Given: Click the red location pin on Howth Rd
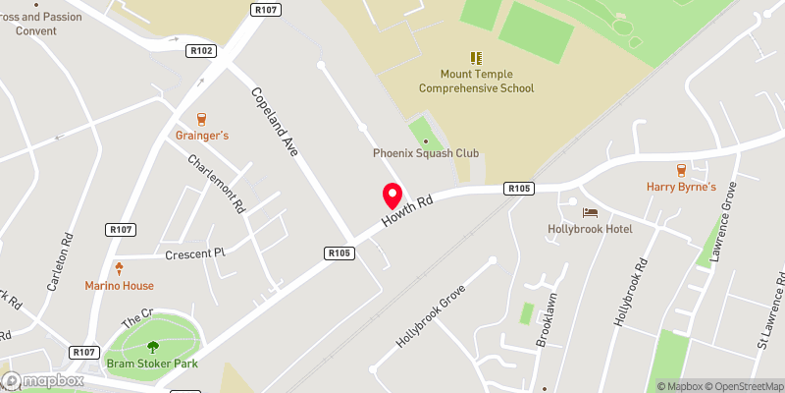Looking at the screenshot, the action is tap(392, 194).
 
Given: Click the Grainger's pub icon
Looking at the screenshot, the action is tap(202, 118).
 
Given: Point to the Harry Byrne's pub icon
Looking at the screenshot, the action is tap(681, 168).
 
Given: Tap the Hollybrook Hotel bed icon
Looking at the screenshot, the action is tap(589, 212).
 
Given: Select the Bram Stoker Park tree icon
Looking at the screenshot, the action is tap(153, 346).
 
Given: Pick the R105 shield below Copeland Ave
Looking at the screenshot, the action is tap(339, 253).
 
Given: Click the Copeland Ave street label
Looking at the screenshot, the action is tap(275, 123).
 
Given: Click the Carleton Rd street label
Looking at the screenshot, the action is tap(60, 263).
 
